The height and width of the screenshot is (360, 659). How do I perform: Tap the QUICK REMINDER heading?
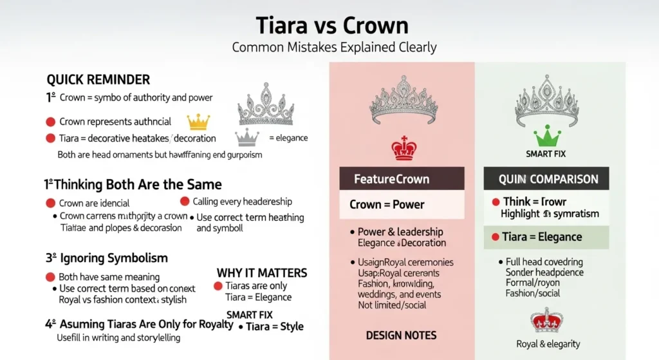[98, 80]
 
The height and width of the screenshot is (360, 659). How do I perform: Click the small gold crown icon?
[198, 121]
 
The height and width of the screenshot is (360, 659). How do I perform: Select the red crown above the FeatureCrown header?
[404, 148]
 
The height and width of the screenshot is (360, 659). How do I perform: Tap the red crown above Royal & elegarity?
[546, 320]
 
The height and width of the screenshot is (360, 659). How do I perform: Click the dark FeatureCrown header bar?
[402, 178]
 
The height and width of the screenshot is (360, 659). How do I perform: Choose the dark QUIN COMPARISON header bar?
[549, 179]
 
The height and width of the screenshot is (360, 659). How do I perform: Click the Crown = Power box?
[402, 205]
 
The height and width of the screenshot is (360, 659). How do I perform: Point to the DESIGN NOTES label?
[401, 335]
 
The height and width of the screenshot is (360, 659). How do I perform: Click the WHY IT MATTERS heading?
[262, 273]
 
